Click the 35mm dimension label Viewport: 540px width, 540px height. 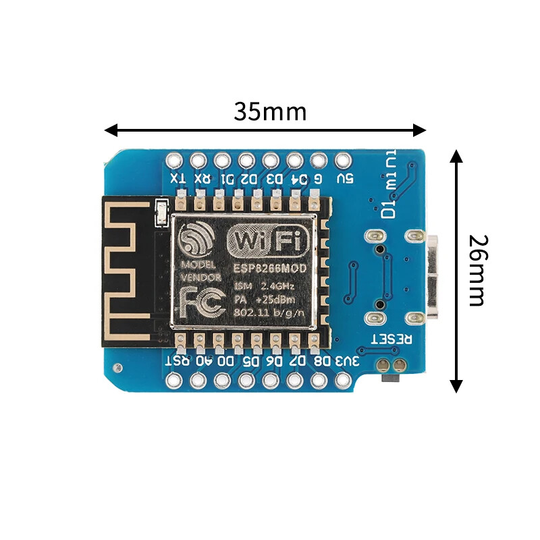pos(270,111)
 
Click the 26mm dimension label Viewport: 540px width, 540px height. pos(477,270)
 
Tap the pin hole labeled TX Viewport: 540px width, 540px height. pos(174,161)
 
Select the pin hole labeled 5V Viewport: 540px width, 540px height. pos(342,161)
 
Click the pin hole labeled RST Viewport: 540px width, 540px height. pos(174,381)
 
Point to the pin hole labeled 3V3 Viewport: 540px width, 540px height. pos(342,381)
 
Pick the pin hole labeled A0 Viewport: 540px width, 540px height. pos(198,381)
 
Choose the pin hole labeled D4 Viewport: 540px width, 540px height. pos(294,161)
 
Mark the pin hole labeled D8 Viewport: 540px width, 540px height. pos(319,381)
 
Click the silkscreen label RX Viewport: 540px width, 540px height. pos(201,179)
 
